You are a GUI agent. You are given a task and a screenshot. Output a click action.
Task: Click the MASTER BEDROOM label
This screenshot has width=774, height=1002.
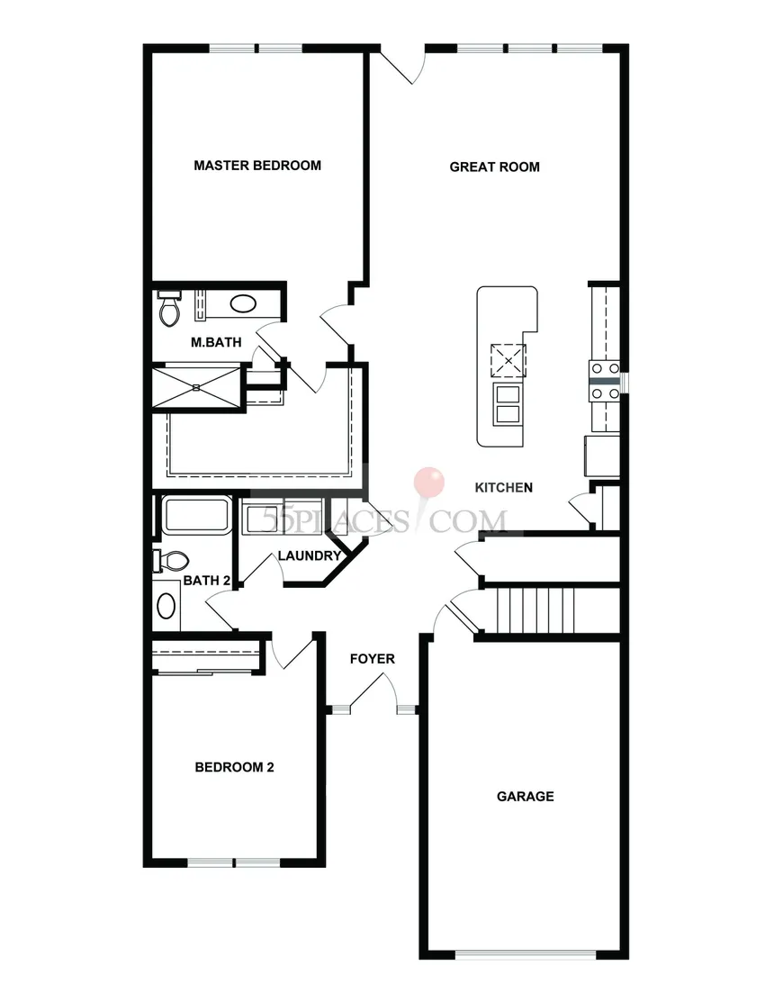point(257,166)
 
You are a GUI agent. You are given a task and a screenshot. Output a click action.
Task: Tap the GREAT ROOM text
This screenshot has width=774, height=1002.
point(494,167)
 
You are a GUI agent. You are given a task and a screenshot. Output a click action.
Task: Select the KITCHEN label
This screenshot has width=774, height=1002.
point(504,488)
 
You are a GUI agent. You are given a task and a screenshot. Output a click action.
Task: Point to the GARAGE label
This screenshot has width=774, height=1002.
point(525,797)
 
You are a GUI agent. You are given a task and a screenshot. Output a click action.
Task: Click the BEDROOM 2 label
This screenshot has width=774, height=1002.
point(234,768)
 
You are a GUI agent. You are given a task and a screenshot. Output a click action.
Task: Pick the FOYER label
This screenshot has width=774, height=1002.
point(372,659)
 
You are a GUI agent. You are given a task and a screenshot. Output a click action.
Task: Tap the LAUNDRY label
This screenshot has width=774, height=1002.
point(309,556)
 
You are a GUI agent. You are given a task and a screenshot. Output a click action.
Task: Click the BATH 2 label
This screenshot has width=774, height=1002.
point(202,581)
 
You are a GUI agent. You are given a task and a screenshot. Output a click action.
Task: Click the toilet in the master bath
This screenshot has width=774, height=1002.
point(168,310)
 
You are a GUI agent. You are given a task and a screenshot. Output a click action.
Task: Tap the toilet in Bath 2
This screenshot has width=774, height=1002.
point(171,561)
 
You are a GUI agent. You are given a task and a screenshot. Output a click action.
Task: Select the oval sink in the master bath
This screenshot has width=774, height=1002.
point(243,303)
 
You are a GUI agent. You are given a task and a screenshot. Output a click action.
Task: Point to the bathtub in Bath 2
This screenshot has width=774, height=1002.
point(194,516)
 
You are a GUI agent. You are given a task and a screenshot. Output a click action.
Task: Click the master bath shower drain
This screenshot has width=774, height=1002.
point(196,386)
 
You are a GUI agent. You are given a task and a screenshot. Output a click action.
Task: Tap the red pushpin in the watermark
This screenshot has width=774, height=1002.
point(428,482)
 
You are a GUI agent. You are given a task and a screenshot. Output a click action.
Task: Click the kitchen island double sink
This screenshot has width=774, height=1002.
point(508,403)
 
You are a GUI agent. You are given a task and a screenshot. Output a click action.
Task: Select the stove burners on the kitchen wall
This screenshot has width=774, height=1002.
point(604,380)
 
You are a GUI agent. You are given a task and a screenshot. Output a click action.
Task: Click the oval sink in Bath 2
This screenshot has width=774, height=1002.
point(166,605)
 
